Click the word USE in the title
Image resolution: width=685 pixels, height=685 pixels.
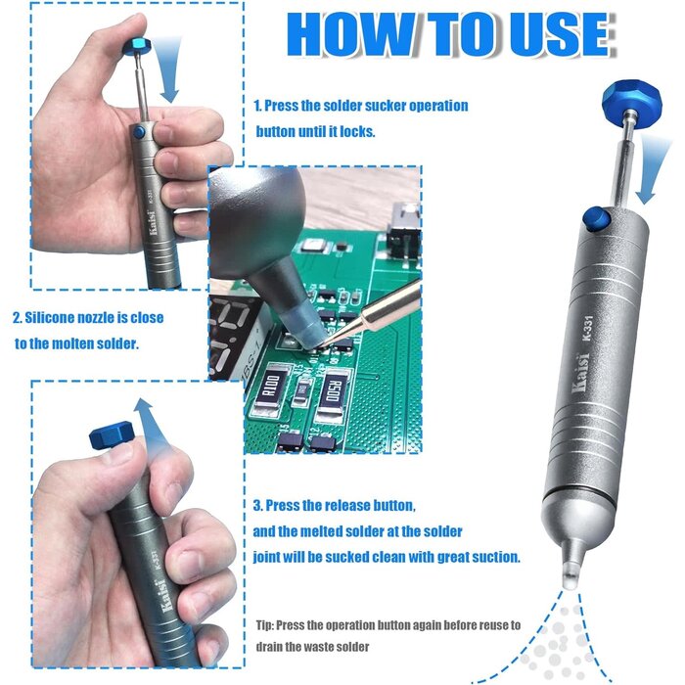557,35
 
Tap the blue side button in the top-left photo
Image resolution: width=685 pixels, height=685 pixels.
140,130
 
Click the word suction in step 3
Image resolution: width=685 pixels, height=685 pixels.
495,556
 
